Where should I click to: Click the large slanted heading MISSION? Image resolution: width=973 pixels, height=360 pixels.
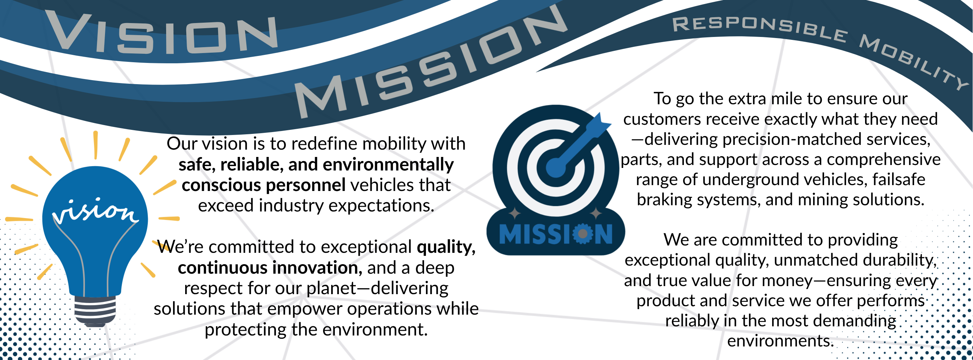click(431, 62)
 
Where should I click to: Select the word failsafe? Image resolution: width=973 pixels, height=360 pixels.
click(899, 179)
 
